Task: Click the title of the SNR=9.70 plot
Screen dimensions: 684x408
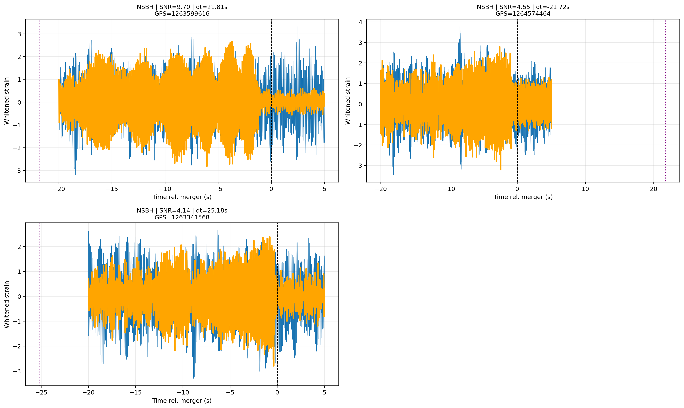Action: pyautogui.click(x=182, y=10)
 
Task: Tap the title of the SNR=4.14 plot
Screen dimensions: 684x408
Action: pyautogui.click(x=182, y=214)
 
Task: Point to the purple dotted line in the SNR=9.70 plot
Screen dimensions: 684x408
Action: pyautogui.click(x=40, y=101)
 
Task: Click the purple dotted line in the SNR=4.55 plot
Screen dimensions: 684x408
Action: pyautogui.click(x=665, y=101)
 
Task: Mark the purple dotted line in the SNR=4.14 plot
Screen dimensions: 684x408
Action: pyautogui.click(x=40, y=304)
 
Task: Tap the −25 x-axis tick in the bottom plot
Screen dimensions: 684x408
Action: pyautogui.click(x=41, y=393)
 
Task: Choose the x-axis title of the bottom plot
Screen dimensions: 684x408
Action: pyautogui.click(x=182, y=401)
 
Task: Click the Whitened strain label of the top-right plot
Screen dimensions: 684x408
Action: pyautogui.click(x=348, y=101)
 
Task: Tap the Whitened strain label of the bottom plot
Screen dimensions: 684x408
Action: pyautogui.click(x=7, y=304)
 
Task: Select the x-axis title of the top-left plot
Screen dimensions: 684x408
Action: pyautogui.click(x=182, y=197)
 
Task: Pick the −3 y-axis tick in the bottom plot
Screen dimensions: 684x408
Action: pyautogui.click(x=17, y=371)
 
